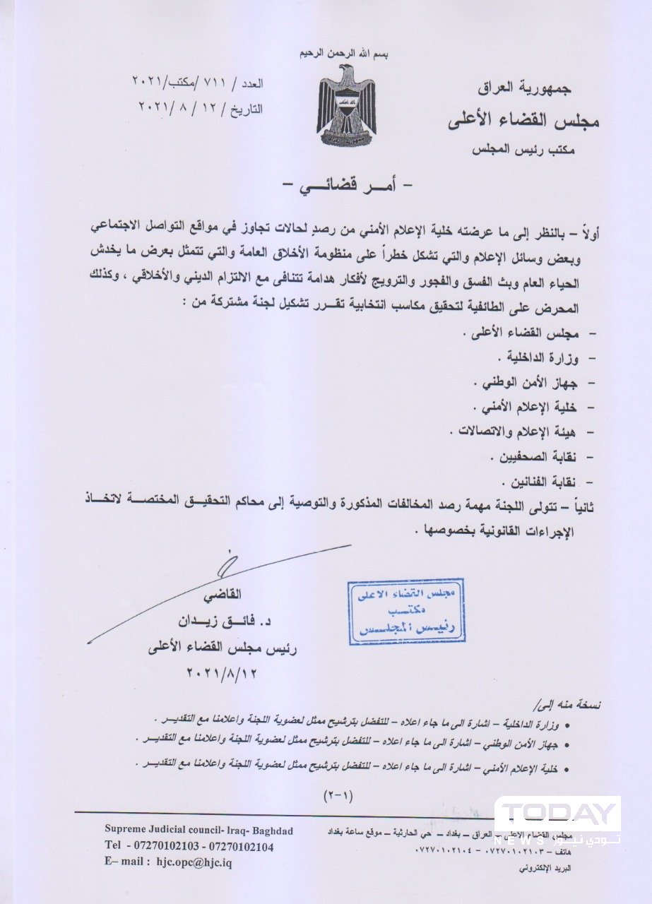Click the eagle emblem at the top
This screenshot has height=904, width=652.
click(x=346, y=105)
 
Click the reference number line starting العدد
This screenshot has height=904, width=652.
click(x=197, y=83)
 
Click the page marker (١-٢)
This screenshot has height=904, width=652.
click(x=341, y=795)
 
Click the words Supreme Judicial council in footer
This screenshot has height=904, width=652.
click(x=160, y=831)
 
